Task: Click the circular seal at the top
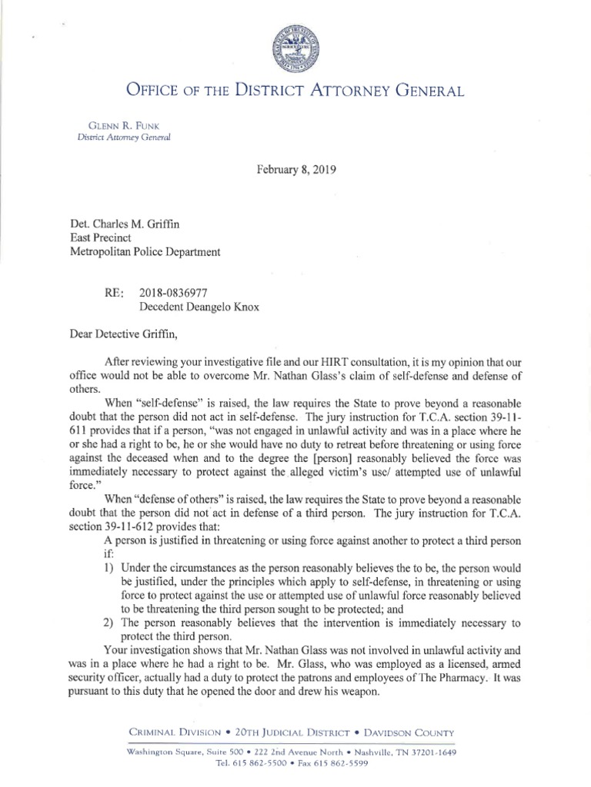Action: click(295, 50)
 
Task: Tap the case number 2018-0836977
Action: click(175, 292)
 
